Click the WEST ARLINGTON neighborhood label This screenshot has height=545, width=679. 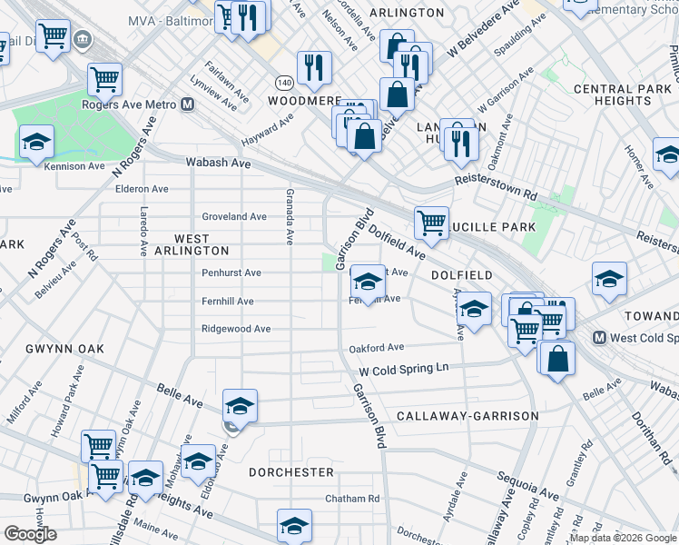coord(192,244)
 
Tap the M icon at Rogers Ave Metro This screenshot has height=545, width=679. coord(188,105)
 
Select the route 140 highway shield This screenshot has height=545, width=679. coord(284,82)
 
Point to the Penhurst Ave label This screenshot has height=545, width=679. coord(231,272)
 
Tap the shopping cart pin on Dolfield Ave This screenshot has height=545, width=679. coord(431,221)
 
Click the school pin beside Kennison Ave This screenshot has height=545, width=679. coord(37,143)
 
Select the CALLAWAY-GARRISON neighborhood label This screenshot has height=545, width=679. coord(467,416)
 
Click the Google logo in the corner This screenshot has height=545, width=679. coord(30,534)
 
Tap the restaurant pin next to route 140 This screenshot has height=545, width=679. coord(314,66)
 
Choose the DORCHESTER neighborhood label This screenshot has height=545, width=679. coord(291,472)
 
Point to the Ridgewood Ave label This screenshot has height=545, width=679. coord(236,329)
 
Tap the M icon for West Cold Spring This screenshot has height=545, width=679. coord(599,338)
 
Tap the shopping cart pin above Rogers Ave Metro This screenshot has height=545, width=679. coord(104,79)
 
